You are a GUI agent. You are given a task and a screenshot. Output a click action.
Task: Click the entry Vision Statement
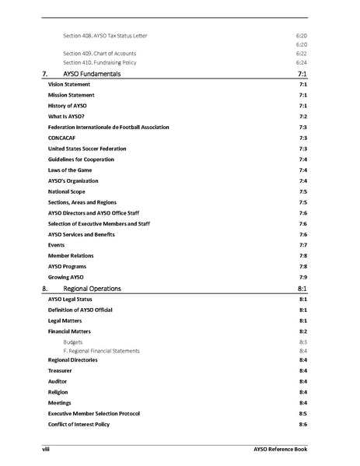coord(69,83)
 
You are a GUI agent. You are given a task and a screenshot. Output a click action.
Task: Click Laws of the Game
coord(74,170)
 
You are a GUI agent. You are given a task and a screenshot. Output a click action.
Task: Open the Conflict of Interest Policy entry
coord(79,424)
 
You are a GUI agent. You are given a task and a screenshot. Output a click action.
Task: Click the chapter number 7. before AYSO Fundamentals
coord(45,72)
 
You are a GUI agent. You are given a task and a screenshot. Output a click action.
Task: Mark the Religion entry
coord(59,392)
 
